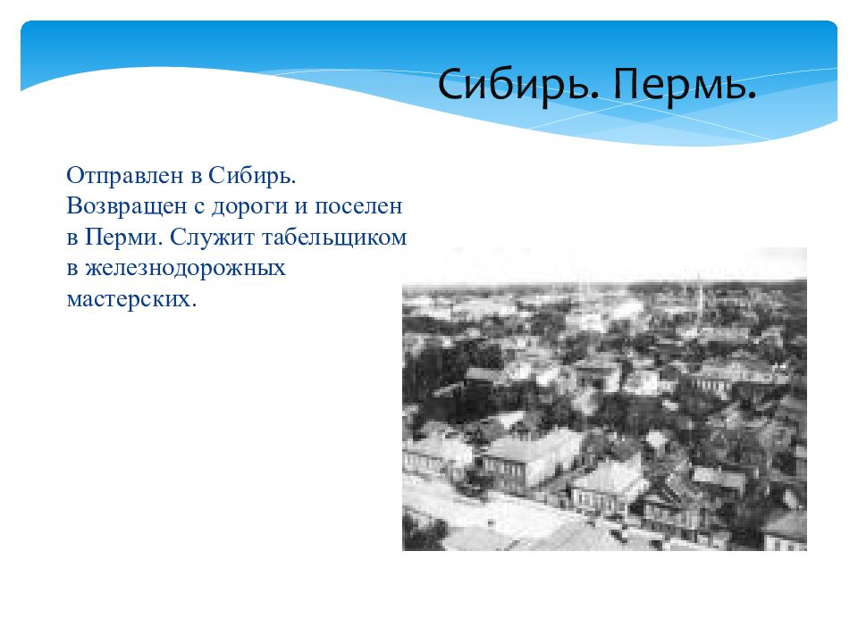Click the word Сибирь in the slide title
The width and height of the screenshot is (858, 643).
point(509,87)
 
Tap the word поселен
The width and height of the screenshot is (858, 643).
point(357,205)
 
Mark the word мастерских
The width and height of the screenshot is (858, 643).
point(127,299)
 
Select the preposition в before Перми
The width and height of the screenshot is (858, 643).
point(72,238)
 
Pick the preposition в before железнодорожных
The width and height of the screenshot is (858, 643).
point(72,269)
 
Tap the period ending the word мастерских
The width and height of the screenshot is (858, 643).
point(191,305)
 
